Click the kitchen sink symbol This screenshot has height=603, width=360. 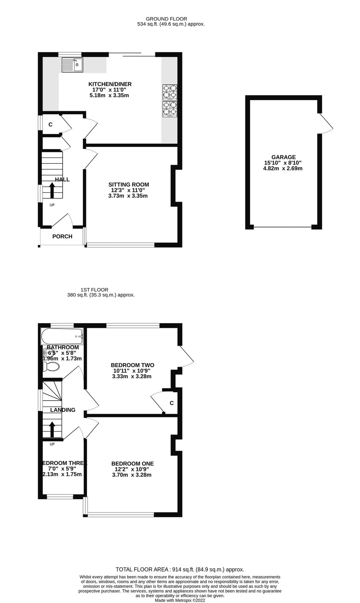pyautogui.click(x=72, y=65)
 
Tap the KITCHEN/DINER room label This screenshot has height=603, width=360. pyautogui.click(x=110, y=84)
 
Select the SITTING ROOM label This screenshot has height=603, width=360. pyautogui.click(x=129, y=185)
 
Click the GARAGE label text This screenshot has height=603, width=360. pyautogui.click(x=283, y=157)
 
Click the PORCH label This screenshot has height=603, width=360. pyautogui.click(x=62, y=237)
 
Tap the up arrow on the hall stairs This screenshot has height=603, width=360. pyautogui.click(x=52, y=191)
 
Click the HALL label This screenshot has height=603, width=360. pyautogui.click(x=62, y=180)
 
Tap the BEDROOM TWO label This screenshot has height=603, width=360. pyautogui.click(x=132, y=365)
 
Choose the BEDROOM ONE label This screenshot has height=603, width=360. pyautogui.click(x=133, y=464)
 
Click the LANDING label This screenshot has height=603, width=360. pyautogui.click(x=63, y=410)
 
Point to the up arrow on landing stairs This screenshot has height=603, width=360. pyautogui.click(x=52, y=429)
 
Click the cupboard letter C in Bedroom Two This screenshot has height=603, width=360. pyautogui.click(x=172, y=403)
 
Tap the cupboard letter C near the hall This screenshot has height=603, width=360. pyautogui.click(x=51, y=125)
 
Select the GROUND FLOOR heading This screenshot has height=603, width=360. pyautogui.click(x=166, y=19)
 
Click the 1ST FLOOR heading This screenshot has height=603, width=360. pyautogui.click(x=94, y=290)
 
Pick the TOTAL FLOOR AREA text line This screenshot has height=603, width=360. pyautogui.click(x=180, y=569)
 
